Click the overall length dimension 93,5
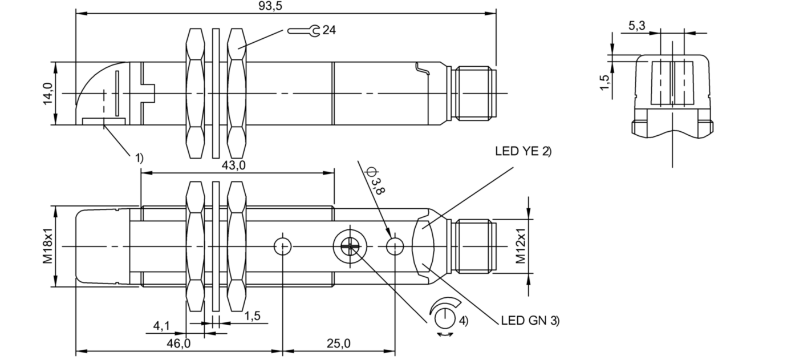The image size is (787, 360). pos(270,6)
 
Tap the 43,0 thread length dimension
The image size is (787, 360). pos(233,165)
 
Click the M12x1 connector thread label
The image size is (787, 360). pos(521,246)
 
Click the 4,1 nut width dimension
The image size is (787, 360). pos(161,326)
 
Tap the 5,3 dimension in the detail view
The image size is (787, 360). pos(637,25)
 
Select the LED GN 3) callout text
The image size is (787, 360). pos(530,321)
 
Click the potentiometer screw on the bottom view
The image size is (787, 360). pos(347,246)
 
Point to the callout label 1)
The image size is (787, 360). pos(139,157)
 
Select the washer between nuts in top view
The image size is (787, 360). pos(215,93)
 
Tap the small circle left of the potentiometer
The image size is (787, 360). pos(283,246)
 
